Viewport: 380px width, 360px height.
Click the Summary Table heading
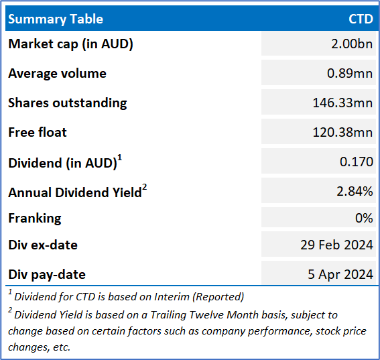coord(56,19)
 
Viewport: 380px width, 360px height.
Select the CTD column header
coord(361,19)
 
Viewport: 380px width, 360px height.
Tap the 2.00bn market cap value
coord(352,44)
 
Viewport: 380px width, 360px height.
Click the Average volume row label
coord(57,73)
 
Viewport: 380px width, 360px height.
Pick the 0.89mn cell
coord(350,73)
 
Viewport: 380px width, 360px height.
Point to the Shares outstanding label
coord(68,103)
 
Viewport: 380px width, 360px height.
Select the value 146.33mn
coord(342,103)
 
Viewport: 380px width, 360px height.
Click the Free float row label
coord(38,132)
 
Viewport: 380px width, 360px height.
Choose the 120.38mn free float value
coord(342,132)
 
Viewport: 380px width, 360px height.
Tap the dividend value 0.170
coord(357,162)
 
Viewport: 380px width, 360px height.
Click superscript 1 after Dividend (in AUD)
coord(119,159)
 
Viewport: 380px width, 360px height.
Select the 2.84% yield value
coord(355,191)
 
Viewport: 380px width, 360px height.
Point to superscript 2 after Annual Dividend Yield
coord(145,188)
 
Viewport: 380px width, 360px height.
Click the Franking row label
coord(35,219)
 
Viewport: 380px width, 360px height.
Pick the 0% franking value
coord(364,218)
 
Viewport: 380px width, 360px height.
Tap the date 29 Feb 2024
coord(337,245)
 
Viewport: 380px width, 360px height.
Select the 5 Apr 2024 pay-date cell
coord(340,275)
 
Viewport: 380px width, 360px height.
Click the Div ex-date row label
coord(43,245)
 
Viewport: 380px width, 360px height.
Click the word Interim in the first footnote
coord(172,297)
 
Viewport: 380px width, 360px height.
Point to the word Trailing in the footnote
coord(168,315)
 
